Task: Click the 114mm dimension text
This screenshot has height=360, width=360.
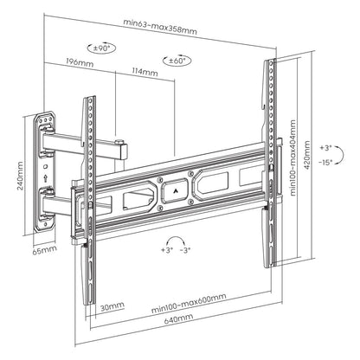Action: click(142, 72)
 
